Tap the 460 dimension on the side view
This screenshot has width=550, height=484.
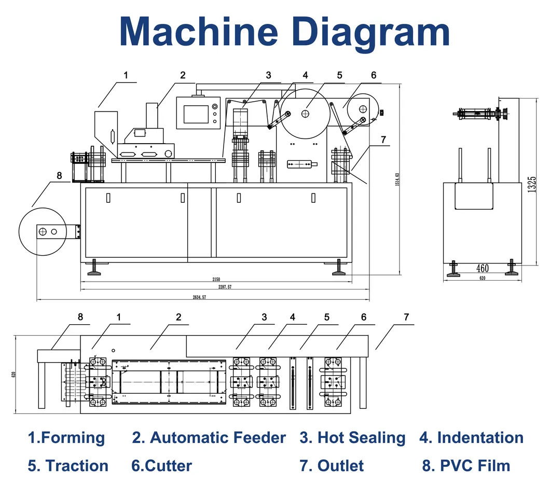[x=483, y=268]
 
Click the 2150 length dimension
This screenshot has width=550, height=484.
[x=216, y=279]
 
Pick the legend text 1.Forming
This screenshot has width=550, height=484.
[x=66, y=438]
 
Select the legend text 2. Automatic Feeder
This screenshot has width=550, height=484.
[x=209, y=438]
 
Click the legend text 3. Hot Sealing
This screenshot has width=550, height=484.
[x=352, y=438]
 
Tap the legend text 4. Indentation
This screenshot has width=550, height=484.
[x=471, y=438]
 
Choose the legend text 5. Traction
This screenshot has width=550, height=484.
[x=68, y=465]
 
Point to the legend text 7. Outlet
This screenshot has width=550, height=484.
[x=331, y=465]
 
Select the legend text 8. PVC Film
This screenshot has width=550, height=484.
[x=466, y=465]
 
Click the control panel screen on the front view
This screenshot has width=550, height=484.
[x=196, y=113]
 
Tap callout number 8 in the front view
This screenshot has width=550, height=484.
[x=59, y=176]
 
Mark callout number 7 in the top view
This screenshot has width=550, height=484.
[x=406, y=317]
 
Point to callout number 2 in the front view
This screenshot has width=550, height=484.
[x=183, y=75]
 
